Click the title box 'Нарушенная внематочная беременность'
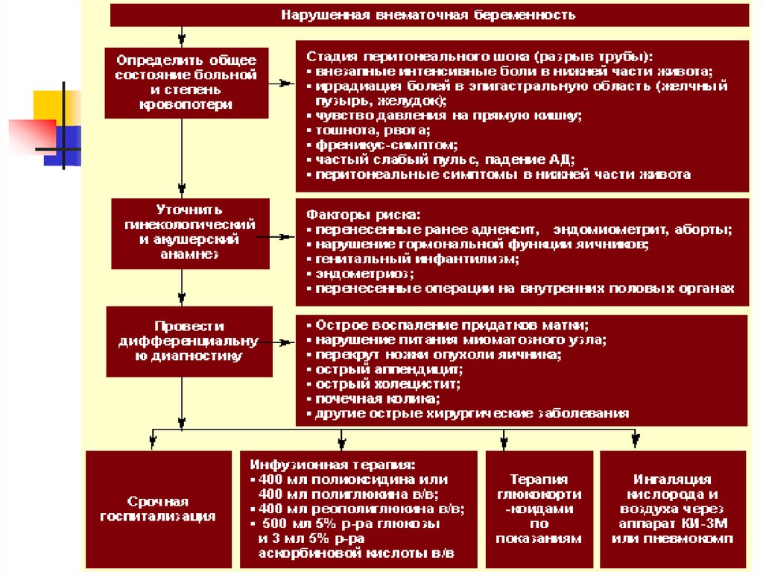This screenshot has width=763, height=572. pyautogui.click(x=429, y=15)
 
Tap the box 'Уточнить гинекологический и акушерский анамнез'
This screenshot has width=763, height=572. pyautogui.click(x=190, y=232)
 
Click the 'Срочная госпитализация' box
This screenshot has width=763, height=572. pyautogui.click(x=158, y=509)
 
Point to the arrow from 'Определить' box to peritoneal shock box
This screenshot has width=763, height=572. pyautogui.click(x=282, y=84)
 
